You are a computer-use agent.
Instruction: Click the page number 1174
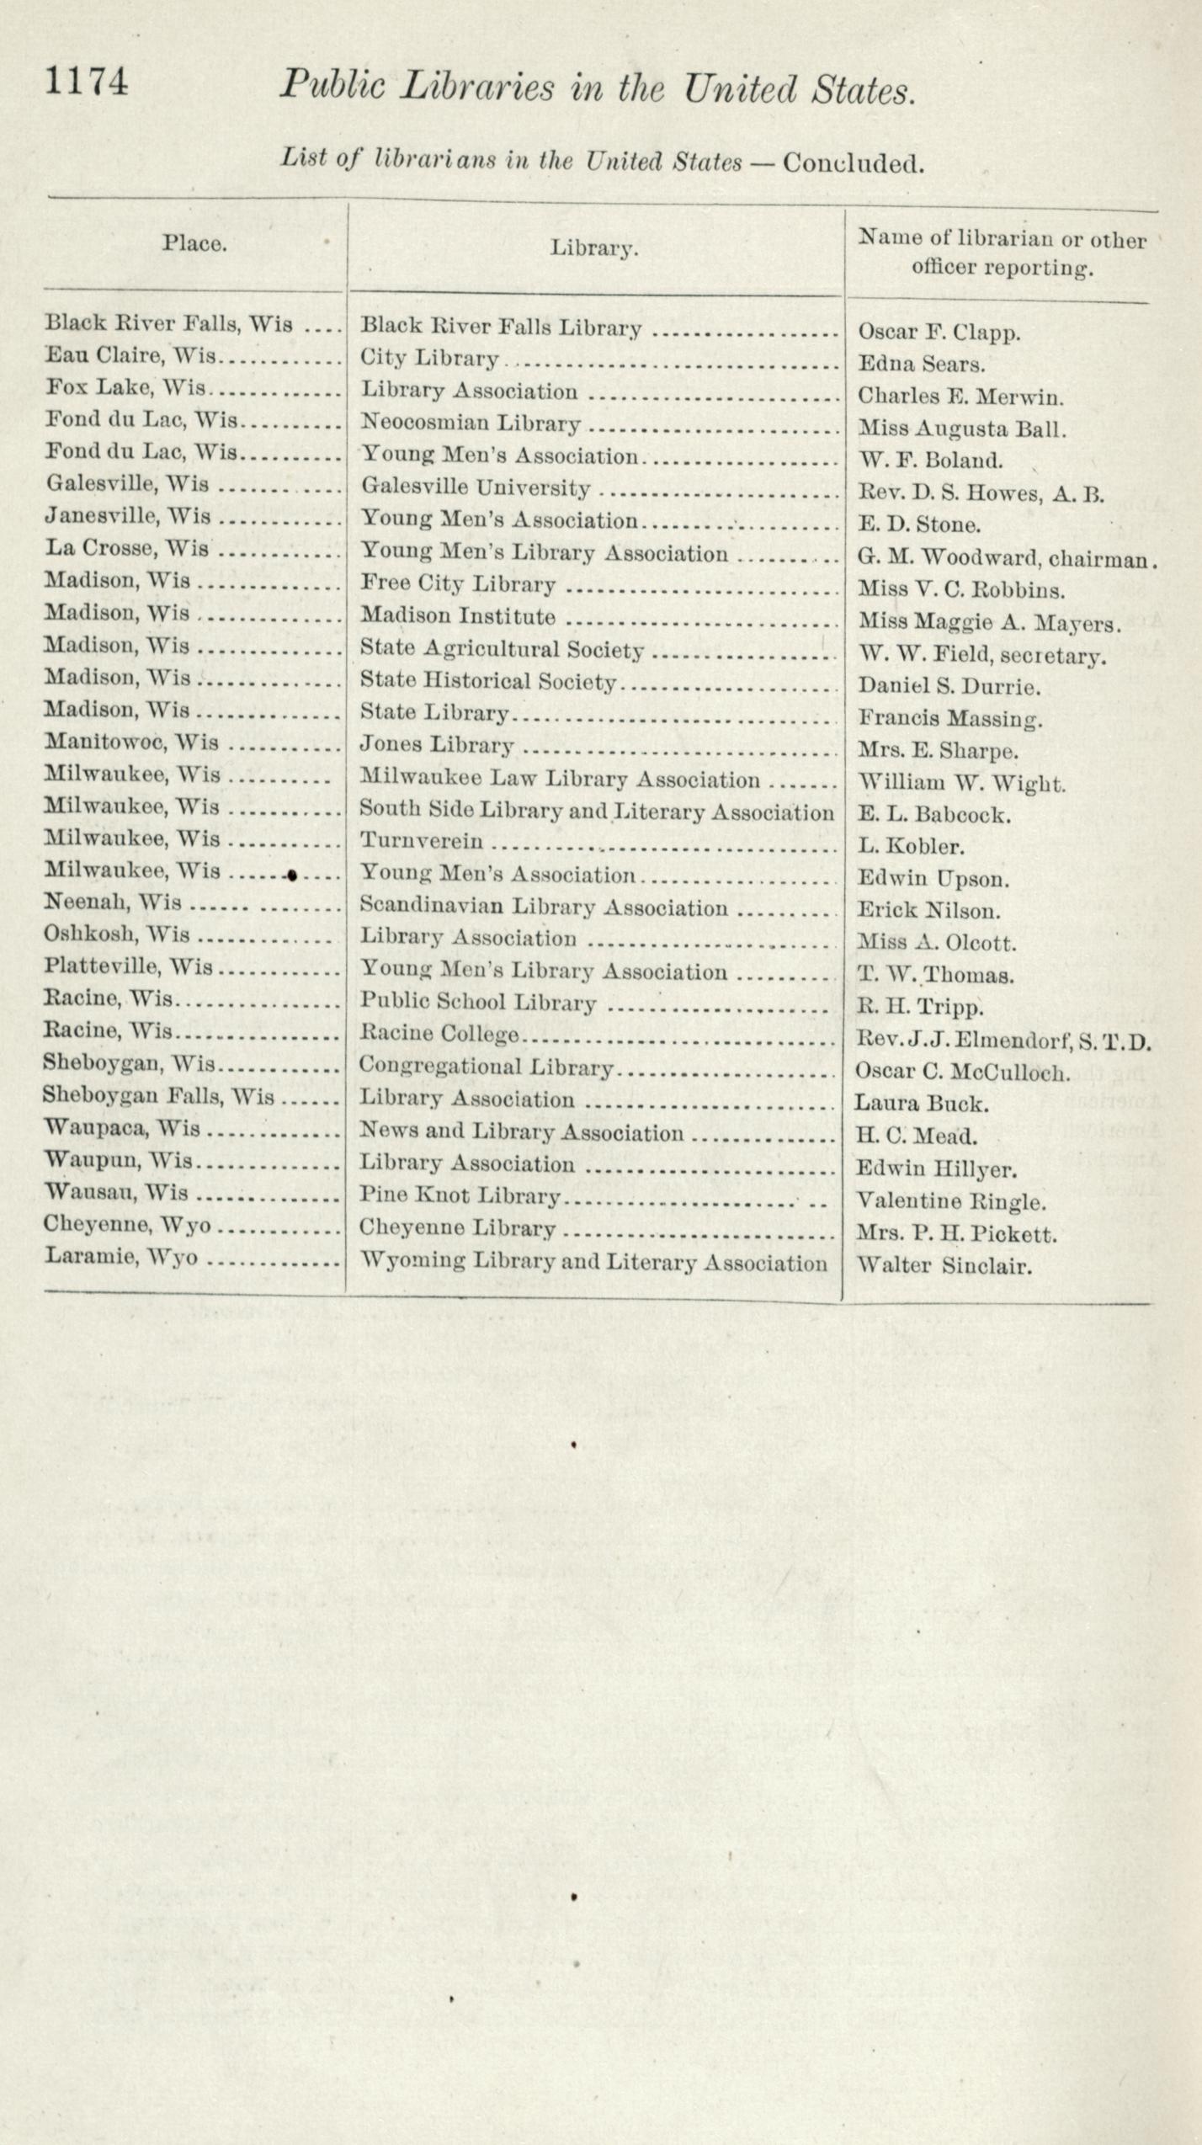pyautogui.click(x=87, y=82)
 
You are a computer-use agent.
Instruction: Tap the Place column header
pyautogui.click(x=194, y=243)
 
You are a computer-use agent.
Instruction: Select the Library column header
pyautogui.click(x=594, y=248)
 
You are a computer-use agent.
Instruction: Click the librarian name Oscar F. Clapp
pyautogui.click(x=939, y=333)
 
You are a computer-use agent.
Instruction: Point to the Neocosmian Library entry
pyautogui.click(x=471, y=423)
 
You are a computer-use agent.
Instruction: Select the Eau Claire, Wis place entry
pyautogui.click(x=130, y=355)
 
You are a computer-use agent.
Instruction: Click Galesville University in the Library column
pyautogui.click(x=476, y=487)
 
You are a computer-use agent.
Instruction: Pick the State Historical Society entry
pyautogui.click(x=488, y=681)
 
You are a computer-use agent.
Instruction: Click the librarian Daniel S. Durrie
pyautogui.click(x=949, y=686)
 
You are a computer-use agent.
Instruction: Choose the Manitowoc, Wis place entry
pyautogui.click(x=131, y=742)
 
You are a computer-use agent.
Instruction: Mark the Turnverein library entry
pyautogui.click(x=422, y=840)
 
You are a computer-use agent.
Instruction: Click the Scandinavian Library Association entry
pyautogui.click(x=544, y=907)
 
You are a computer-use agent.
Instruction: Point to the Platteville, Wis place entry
pyautogui.click(x=129, y=966)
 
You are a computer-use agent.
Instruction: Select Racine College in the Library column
pyautogui.click(x=439, y=1033)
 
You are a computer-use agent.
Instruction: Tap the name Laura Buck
pyautogui.click(x=921, y=1104)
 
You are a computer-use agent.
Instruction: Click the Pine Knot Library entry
pyautogui.click(x=460, y=1195)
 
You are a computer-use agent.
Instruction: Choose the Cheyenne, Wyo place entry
pyautogui.click(x=127, y=1224)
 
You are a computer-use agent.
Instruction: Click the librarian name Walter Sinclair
pyautogui.click(x=943, y=1265)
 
